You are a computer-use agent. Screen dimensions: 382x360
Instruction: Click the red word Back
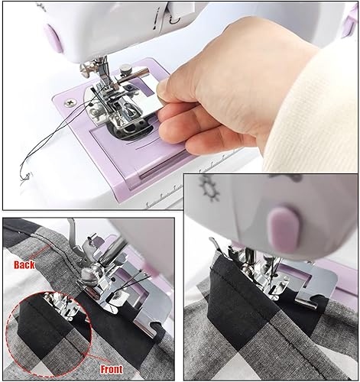point(24,264)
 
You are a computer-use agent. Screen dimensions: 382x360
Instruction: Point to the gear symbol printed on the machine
point(208,186)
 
